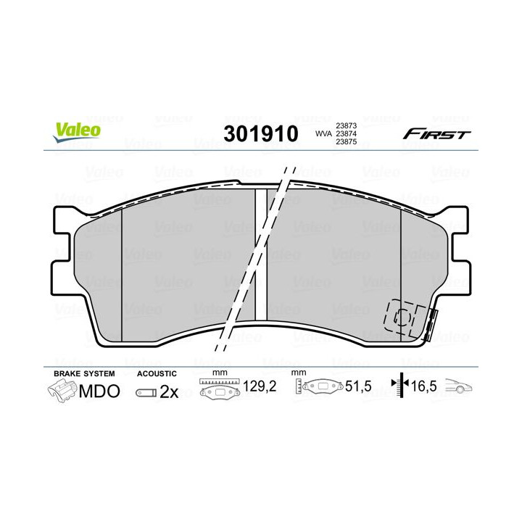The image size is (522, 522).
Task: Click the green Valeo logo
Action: pyautogui.click(x=77, y=131)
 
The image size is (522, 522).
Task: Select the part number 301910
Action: pyautogui.click(x=261, y=134)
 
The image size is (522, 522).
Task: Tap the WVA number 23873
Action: pyautogui.click(x=347, y=126)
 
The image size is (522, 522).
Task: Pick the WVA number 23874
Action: pyautogui.click(x=347, y=134)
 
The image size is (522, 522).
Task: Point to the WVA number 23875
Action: pyautogui.click(x=347, y=142)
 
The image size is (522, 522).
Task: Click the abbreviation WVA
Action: pyautogui.click(x=323, y=134)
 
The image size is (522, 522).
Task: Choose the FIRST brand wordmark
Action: pyautogui.click(x=436, y=135)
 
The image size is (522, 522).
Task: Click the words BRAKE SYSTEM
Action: pyautogui.click(x=84, y=374)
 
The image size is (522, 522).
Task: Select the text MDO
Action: pyautogui.click(x=99, y=391)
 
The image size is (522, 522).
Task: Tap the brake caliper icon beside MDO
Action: pyautogui.click(x=62, y=391)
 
